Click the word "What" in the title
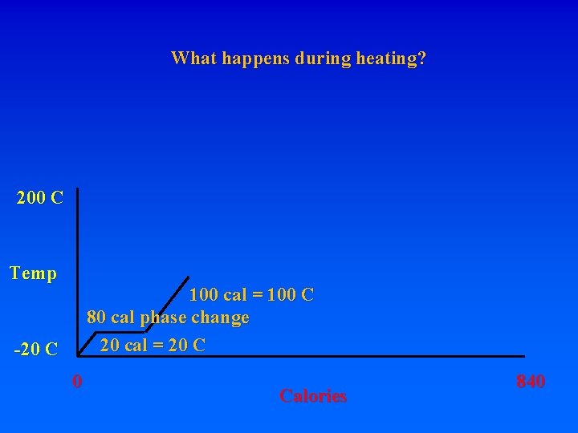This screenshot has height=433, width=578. pos(190,59)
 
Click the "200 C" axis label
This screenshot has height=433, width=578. pos(40,198)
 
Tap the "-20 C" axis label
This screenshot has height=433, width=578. pos(36,350)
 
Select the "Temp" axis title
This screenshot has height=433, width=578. pos(34,274)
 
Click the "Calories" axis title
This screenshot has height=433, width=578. pos(313,395)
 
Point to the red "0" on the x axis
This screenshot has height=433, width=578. pos(76,380)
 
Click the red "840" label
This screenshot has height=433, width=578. pos(530,382)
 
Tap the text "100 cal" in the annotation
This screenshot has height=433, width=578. pos(218,295)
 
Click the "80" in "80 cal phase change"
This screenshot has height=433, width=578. pos(96,318)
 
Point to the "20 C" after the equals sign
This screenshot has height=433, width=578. pos(188,346)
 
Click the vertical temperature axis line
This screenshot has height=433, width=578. pos(77,273)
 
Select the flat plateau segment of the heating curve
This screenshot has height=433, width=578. pos(120,330)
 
